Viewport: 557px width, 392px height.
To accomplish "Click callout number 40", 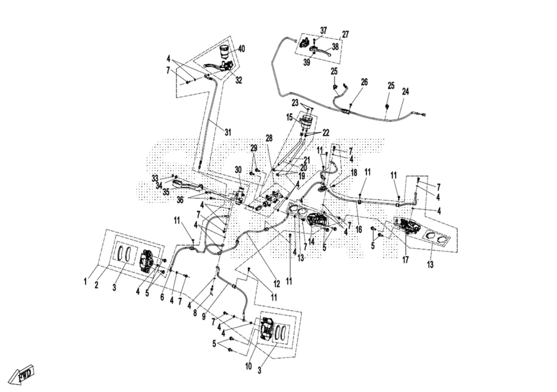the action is click(x=241, y=49).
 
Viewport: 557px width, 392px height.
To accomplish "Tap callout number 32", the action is click(x=238, y=80).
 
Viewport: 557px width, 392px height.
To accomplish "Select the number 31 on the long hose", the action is click(x=228, y=132).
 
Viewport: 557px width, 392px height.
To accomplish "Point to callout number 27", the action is click(x=345, y=34).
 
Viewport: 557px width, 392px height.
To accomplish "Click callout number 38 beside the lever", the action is click(x=335, y=47).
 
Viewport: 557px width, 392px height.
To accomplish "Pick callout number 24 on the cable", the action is click(x=405, y=92).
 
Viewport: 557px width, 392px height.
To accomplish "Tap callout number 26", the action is click(x=364, y=82).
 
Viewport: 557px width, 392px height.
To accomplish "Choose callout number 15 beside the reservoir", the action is click(x=289, y=117).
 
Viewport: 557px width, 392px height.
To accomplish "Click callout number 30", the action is click(x=238, y=170).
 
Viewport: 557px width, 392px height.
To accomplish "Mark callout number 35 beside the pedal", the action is click(x=166, y=191).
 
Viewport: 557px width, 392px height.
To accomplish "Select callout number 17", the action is click(x=405, y=260).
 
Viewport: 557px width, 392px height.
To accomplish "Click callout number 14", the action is click(x=311, y=242).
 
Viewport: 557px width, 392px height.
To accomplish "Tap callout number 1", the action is click(x=85, y=282).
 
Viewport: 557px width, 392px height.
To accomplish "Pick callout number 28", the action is click(x=269, y=138).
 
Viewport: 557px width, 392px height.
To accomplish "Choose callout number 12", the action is click(x=276, y=284).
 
